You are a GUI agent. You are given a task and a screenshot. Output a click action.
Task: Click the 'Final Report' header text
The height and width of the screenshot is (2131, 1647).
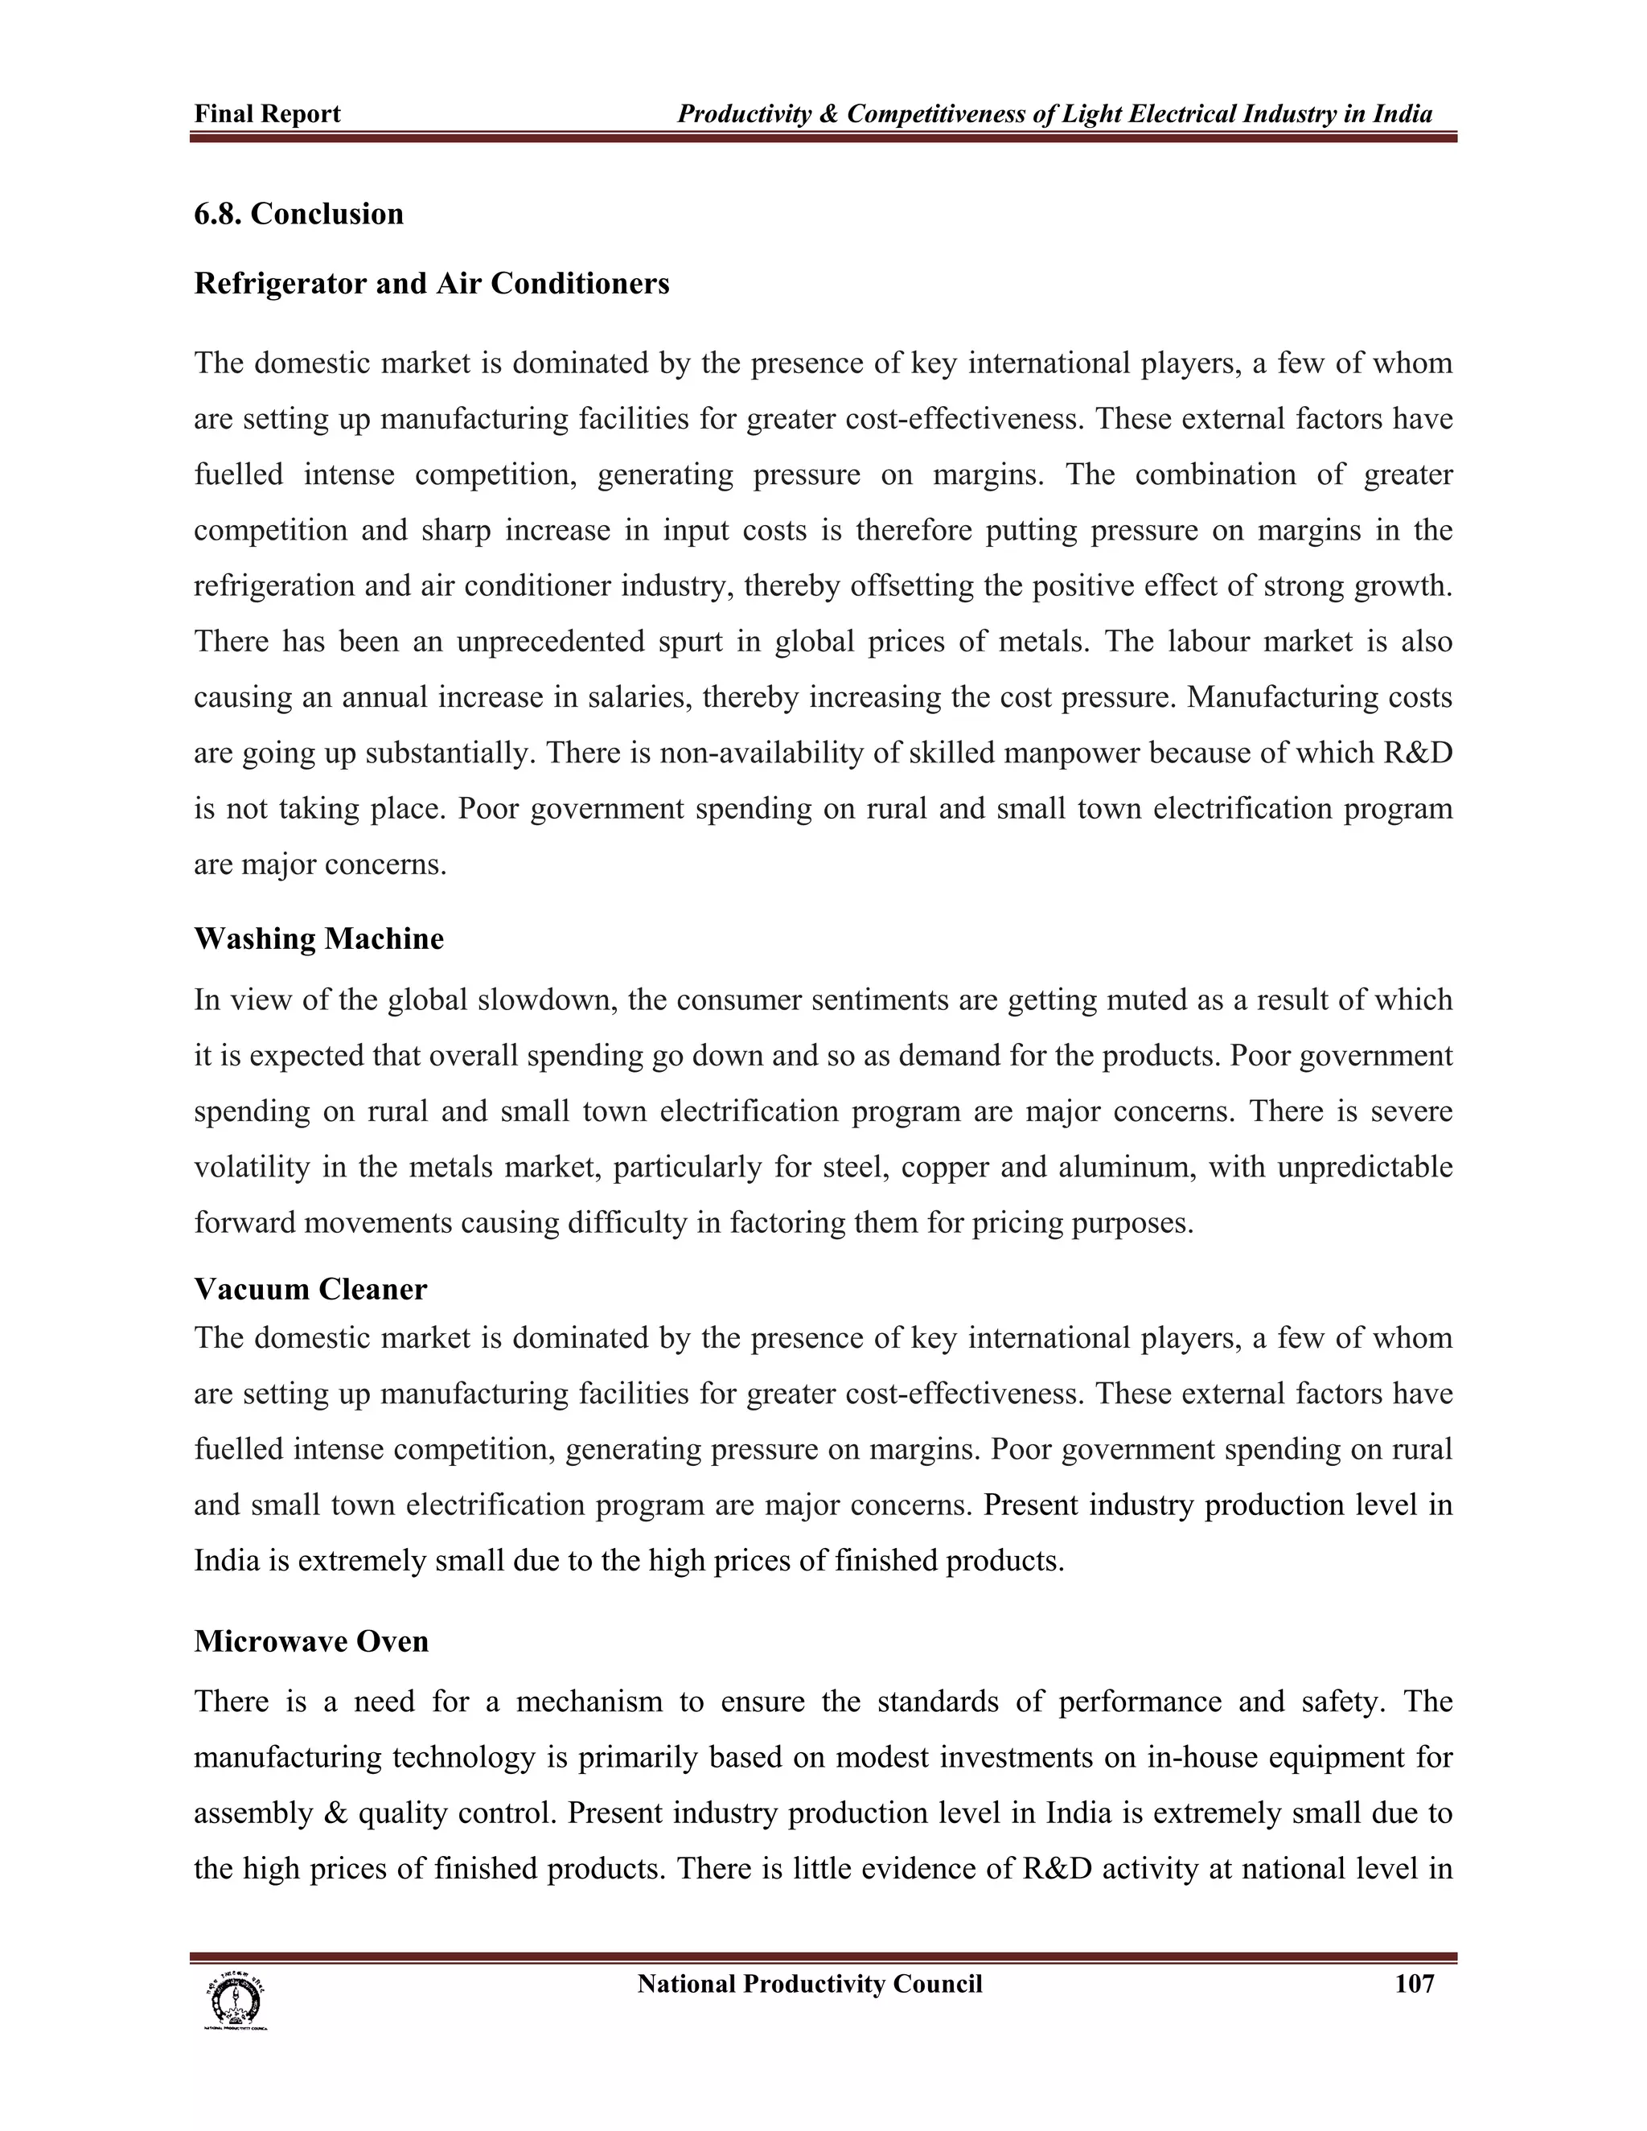(x=267, y=114)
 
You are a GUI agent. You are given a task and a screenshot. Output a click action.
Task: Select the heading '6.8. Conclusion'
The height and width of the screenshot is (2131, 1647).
(x=298, y=214)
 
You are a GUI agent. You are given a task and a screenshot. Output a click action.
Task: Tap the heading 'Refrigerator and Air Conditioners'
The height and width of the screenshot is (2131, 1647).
(x=431, y=283)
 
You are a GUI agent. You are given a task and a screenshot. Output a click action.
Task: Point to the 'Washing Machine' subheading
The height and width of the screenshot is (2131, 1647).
(x=318, y=938)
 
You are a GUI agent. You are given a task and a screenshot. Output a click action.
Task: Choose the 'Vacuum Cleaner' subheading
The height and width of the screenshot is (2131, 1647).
(x=310, y=1289)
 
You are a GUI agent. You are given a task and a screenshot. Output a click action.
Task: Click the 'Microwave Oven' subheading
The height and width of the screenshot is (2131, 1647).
(x=311, y=1641)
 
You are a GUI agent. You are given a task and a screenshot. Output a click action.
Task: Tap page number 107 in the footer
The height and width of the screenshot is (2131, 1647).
(x=1414, y=1984)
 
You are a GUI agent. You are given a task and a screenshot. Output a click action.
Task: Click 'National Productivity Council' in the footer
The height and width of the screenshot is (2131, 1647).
(x=809, y=1984)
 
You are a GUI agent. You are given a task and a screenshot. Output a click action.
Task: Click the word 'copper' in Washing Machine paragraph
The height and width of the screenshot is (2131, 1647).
(x=944, y=1167)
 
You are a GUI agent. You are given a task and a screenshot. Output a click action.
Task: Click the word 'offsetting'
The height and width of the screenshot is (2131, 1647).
(x=924, y=586)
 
